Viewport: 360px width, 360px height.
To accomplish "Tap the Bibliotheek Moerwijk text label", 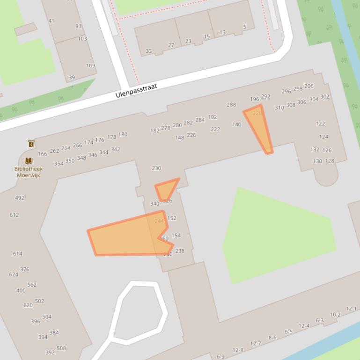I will tap(28, 172).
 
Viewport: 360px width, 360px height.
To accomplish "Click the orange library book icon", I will tap(29, 161).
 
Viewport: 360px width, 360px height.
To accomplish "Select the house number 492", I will tap(19, 198).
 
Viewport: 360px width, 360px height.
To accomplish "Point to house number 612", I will tap(14, 215).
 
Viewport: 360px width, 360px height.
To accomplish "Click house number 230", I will tap(156, 168).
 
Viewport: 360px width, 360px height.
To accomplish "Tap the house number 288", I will tap(231, 105).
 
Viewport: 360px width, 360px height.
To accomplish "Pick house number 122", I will tap(320, 124).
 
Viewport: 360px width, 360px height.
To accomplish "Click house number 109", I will tap(90, 65).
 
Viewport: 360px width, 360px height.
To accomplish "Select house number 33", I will tap(148, 51).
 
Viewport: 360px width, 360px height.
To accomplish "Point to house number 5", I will tap(244, 27).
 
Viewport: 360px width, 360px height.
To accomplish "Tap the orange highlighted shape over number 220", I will tap(259, 126).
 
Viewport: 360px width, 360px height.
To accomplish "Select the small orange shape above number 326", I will tap(166, 189).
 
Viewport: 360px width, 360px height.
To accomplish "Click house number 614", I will tap(17, 254).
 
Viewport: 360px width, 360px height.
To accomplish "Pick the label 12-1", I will tap(351, 309).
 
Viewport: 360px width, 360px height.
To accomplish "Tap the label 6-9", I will tap(220, 357).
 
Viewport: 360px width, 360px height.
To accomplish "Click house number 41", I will tap(51, 21).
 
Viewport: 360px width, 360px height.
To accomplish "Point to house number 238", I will tap(180, 251).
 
